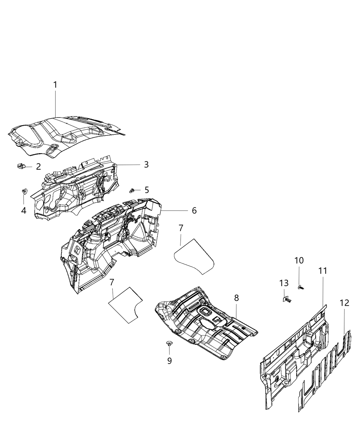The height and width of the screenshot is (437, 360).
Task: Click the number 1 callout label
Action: [55, 85]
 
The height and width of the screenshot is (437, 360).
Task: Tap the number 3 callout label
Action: [146, 165]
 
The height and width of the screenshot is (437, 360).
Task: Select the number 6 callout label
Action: [194, 210]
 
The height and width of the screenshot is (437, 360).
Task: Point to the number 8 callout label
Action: [236, 298]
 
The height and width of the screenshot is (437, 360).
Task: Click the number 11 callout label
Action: [322, 271]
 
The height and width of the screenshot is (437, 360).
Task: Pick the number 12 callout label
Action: [344, 303]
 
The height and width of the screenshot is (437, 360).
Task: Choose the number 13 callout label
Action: [284, 283]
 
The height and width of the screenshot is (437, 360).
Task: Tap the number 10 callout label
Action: [299, 260]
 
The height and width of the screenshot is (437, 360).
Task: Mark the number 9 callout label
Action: [169, 361]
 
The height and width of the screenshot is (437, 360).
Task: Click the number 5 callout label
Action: [146, 190]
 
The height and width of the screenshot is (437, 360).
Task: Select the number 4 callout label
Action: [23, 210]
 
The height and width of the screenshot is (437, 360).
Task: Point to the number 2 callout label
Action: [38, 167]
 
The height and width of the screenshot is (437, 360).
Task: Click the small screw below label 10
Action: [301, 287]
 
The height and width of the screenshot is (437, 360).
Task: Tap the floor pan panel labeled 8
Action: [206, 322]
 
